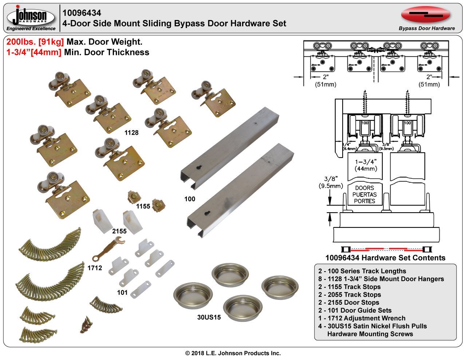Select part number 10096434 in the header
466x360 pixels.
point(82,13)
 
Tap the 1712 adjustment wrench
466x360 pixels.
point(109,249)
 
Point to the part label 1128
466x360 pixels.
point(131,133)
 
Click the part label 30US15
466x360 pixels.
point(209,317)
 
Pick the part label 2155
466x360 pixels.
point(119,231)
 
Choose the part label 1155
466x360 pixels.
point(143,206)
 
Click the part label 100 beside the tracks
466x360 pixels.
point(190,199)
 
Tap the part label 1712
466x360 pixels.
point(95,268)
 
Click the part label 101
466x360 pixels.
point(122,292)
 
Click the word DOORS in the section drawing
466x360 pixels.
point(364,188)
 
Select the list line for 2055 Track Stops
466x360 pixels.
point(349,294)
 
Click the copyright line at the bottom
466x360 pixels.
point(233,353)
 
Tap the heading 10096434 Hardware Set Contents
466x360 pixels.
point(385,258)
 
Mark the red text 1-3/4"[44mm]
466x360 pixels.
point(34,52)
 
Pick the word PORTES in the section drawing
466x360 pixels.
point(364,201)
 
